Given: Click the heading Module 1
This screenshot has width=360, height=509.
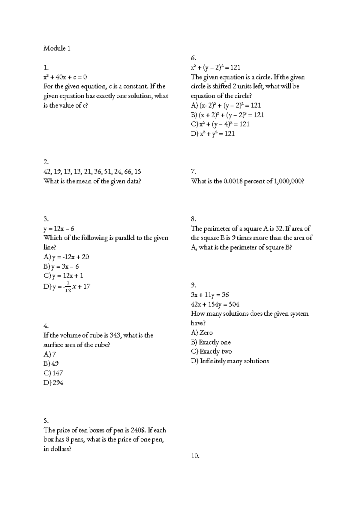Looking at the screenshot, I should pos(57,48).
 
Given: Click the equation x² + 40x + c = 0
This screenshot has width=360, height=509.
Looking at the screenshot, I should pos(65,77).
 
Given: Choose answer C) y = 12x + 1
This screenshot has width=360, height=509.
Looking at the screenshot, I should pos(63,276).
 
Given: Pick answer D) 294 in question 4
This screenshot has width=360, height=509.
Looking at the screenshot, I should pos(53,383).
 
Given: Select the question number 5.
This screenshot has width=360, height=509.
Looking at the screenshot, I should pos(46,421).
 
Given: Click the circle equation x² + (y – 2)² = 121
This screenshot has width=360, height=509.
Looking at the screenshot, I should pos(215,68).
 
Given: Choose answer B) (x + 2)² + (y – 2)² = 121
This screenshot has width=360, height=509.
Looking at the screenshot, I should pos(227,115).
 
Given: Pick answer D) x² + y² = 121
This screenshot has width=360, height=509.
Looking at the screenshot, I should pos(213,134).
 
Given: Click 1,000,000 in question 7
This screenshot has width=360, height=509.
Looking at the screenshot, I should pos(288,181).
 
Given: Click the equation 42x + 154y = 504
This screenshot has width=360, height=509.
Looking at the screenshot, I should pos(215,305).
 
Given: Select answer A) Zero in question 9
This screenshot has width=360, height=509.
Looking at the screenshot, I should pos(202,333).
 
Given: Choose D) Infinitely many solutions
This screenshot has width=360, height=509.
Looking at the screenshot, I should pos(230,361).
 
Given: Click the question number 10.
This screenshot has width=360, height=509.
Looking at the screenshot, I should pos(195,456).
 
